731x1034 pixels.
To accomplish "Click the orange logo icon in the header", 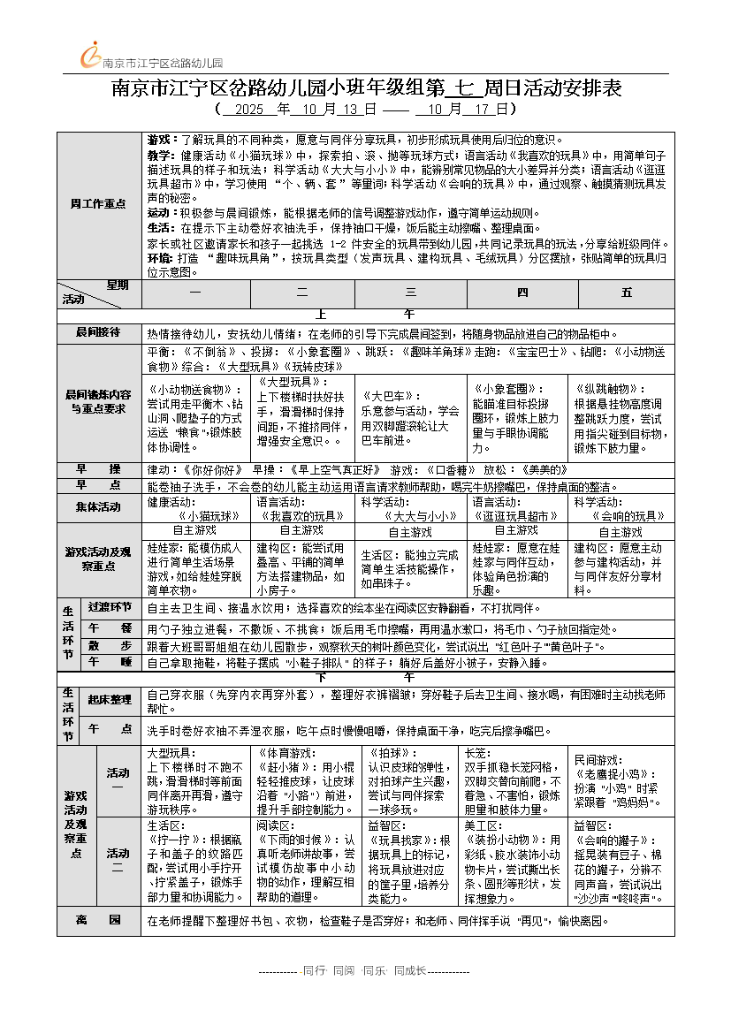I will pos(90,55).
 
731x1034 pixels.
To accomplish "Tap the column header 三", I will pos(410,292).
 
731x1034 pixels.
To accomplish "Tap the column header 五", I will pos(627,292).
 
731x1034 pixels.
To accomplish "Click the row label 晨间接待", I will pos(98,334).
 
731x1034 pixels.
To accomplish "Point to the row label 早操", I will pos(98,468).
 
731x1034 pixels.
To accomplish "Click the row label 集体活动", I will pos(98,506).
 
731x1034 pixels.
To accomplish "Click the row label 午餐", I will pos(110,627).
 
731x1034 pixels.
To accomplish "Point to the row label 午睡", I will pos(110,661).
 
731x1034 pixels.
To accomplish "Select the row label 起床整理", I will pos(110,699).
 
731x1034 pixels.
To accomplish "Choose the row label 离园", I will pos(98,920).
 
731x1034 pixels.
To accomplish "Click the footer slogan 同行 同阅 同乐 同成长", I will pos(364,969).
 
